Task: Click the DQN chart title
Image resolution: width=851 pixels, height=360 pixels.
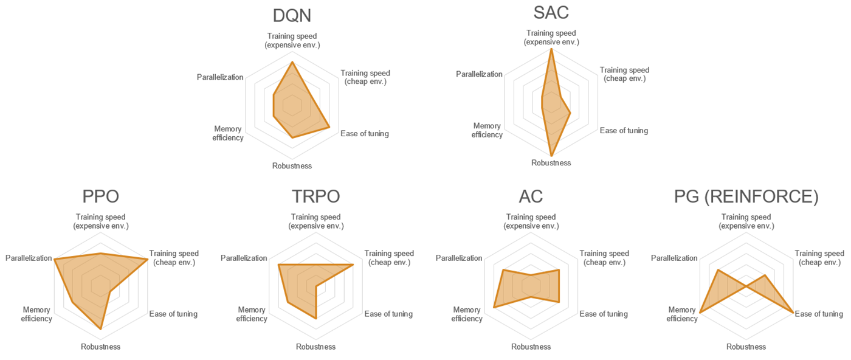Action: pyautogui.click(x=292, y=15)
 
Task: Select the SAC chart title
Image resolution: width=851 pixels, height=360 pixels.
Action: pyautogui.click(x=551, y=12)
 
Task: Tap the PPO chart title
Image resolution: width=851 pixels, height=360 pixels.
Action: pyautogui.click(x=100, y=196)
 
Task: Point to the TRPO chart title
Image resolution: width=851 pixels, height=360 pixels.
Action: pyautogui.click(x=315, y=196)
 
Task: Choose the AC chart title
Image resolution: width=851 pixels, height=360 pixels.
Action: pyautogui.click(x=531, y=196)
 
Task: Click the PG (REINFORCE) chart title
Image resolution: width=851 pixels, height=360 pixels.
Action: pyautogui.click(x=746, y=196)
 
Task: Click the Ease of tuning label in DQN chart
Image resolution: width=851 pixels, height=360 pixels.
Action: pyautogui.click(x=365, y=134)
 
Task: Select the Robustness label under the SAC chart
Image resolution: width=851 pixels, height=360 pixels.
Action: pyautogui.click(x=551, y=163)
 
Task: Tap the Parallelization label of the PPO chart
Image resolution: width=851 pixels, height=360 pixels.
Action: pyautogui.click(x=29, y=258)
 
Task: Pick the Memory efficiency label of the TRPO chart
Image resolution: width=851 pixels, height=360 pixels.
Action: pyautogui.click(x=252, y=314)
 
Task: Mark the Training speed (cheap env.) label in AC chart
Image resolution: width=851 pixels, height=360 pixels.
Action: pyautogui.click(x=604, y=258)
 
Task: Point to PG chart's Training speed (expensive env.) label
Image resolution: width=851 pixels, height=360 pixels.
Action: pyautogui.click(x=746, y=221)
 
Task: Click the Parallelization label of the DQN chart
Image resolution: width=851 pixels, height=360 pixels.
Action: pyautogui.click(x=220, y=77)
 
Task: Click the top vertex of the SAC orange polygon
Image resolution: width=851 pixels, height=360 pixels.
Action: pyautogui.click(x=551, y=49)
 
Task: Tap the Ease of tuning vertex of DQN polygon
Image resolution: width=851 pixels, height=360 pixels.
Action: pyautogui.click(x=329, y=127)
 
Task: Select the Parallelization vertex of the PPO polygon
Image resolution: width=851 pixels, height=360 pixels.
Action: pyautogui.click(x=55, y=260)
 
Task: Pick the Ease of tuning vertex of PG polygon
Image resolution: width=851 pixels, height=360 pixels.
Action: pyautogui.click(x=793, y=313)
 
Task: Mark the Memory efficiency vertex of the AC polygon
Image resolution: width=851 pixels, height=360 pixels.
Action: pyautogui.click(x=494, y=307)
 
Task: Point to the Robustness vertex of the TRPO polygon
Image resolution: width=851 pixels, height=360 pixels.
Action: pyautogui.click(x=316, y=318)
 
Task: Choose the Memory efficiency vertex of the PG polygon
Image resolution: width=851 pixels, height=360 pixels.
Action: pyautogui.click(x=700, y=313)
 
